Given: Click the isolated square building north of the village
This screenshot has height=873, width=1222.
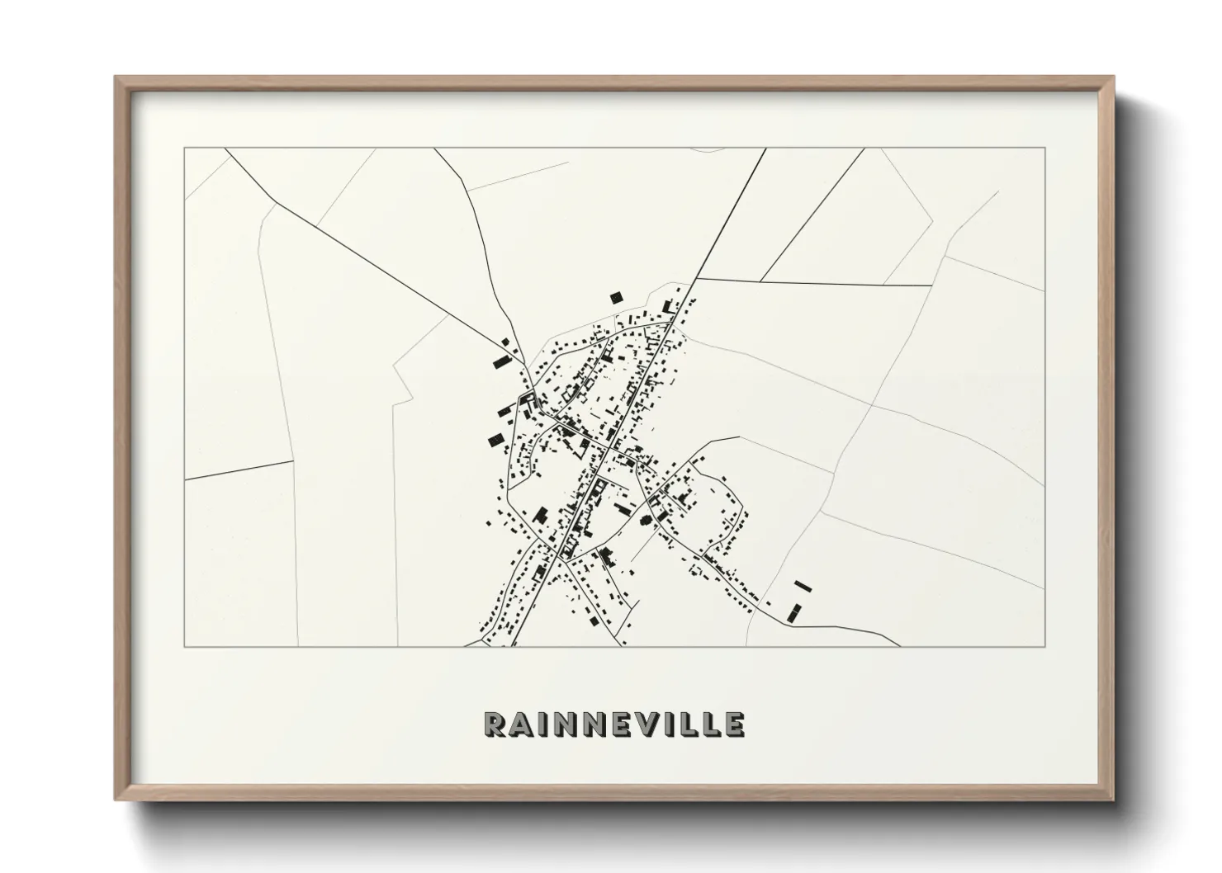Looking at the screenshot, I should (615, 297).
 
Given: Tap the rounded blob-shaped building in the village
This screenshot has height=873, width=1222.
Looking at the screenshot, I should (645, 521).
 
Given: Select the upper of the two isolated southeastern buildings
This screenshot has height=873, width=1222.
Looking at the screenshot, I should (803, 587).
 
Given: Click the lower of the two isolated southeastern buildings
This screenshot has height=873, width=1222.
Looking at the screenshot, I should (795, 612).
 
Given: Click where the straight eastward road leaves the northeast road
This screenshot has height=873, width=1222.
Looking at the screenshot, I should (695, 279).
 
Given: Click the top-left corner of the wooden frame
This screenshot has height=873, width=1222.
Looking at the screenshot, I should (116, 78).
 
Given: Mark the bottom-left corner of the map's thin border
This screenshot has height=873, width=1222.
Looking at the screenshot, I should (184, 646).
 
